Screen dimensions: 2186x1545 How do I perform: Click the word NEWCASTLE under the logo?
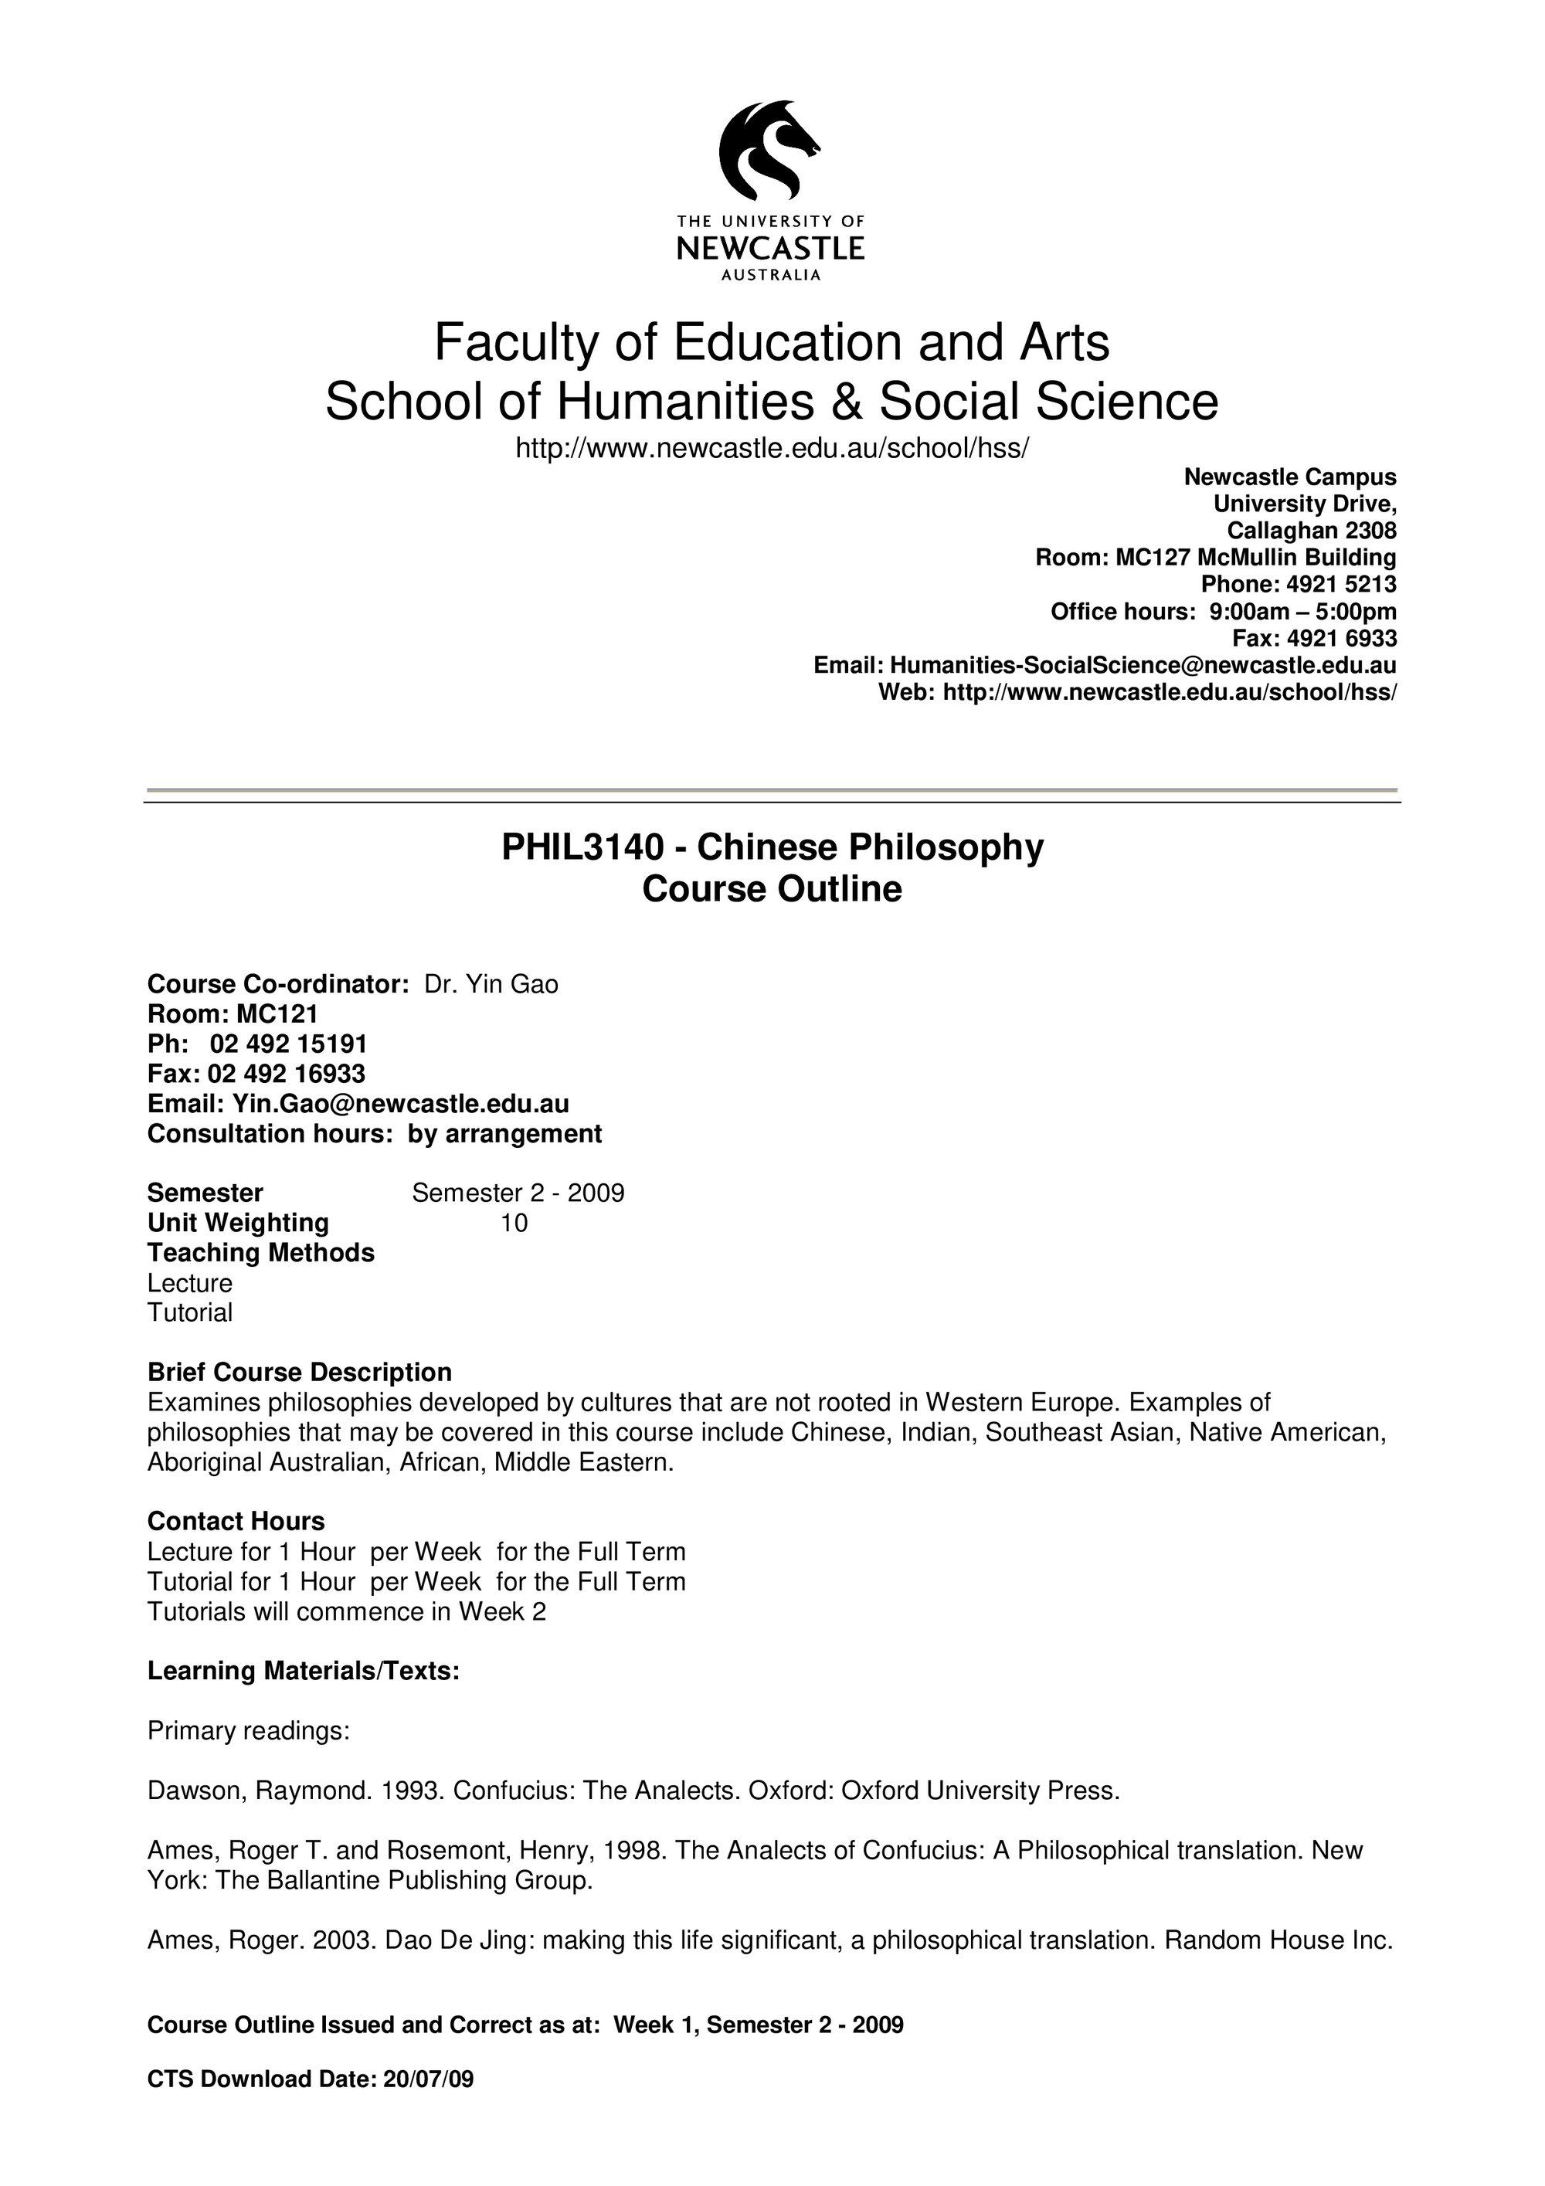[x=770, y=249]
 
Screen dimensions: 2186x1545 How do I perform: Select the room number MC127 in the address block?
[x=1153, y=557]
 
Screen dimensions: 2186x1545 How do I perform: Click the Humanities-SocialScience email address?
[x=1143, y=664]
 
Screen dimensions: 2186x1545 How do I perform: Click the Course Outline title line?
[x=771, y=888]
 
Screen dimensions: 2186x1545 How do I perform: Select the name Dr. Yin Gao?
[x=491, y=983]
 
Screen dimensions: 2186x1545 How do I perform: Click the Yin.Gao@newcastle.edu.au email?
[x=401, y=1104]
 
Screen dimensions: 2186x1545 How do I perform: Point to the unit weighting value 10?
[x=514, y=1223]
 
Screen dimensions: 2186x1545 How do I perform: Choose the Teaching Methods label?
[x=261, y=1252]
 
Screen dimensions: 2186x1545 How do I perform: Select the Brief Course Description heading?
[x=300, y=1372]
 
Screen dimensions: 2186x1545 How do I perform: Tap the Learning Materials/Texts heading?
[x=304, y=1671]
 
